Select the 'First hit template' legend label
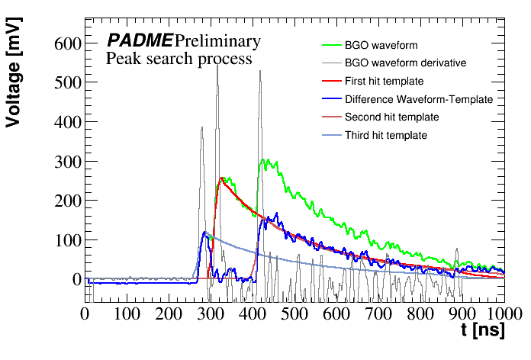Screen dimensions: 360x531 [384, 81]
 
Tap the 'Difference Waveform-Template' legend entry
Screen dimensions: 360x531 [419, 99]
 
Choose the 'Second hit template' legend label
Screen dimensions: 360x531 [391, 117]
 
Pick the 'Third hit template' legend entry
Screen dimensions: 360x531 [385, 136]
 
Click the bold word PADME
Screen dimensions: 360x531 [140, 41]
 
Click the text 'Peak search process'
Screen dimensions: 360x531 [179, 59]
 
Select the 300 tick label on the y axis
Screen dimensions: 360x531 [66, 162]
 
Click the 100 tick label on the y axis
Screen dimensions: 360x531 [66, 240]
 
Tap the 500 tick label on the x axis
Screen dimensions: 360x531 [294, 313]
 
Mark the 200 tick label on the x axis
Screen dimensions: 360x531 [168, 313]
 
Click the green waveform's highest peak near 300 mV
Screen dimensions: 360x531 [265, 160]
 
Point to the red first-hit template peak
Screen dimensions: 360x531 [222, 179]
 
